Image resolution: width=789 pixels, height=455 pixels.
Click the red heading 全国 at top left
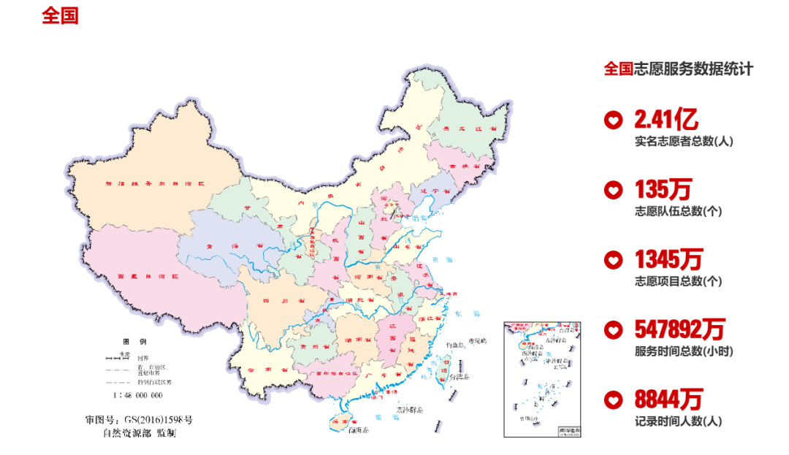click(x=60, y=16)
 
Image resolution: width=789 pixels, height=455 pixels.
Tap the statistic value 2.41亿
click(x=666, y=118)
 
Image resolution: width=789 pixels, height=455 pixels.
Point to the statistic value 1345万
click(x=668, y=259)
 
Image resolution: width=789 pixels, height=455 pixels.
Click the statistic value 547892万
click(x=684, y=330)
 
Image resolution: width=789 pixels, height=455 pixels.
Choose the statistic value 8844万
click(x=668, y=399)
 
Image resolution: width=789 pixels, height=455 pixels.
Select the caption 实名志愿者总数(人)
click(x=684, y=141)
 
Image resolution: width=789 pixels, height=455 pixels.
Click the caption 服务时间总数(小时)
click(x=684, y=351)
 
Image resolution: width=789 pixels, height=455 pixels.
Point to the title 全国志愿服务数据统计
click(x=678, y=69)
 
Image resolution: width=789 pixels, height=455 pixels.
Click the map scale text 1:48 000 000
click(x=137, y=395)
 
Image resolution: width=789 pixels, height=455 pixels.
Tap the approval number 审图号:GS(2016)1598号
click(x=139, y=420)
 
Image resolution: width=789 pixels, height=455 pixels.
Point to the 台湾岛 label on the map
click(x=460, y=378)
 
